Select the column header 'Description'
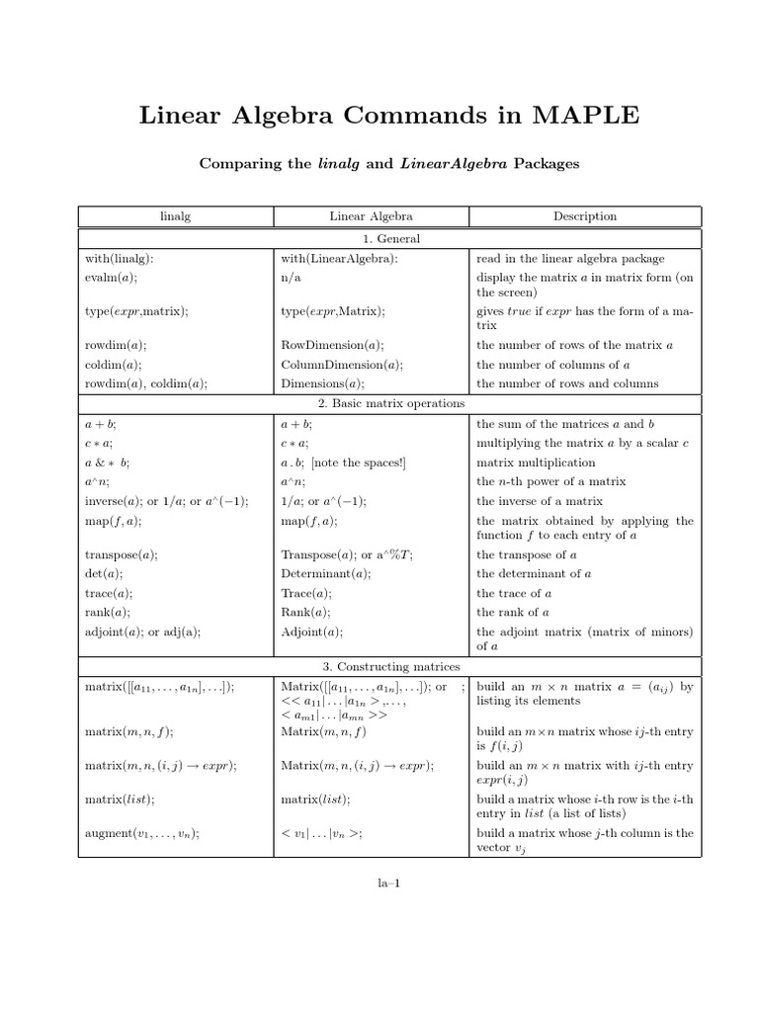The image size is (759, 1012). pyautogui.click(x=585, y=216)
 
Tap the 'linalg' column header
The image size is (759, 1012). pyautogui.click(x=174, y=216)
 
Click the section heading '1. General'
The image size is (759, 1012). pyautogui.click(x=389, y=239)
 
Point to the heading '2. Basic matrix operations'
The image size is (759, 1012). pyautogui.click(x=389, y=403)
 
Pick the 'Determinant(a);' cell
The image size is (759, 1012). pyautogui.click(x=326, y=573)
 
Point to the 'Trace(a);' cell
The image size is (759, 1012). pyautogui.click(x=307, y=593)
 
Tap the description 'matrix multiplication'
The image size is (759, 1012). pyautogui.click(x=536, y=463)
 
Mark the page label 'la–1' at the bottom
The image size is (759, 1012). pyautogui.click(x=389, y=883)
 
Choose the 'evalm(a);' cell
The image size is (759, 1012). pyautogui.click(x=112, y=278)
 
